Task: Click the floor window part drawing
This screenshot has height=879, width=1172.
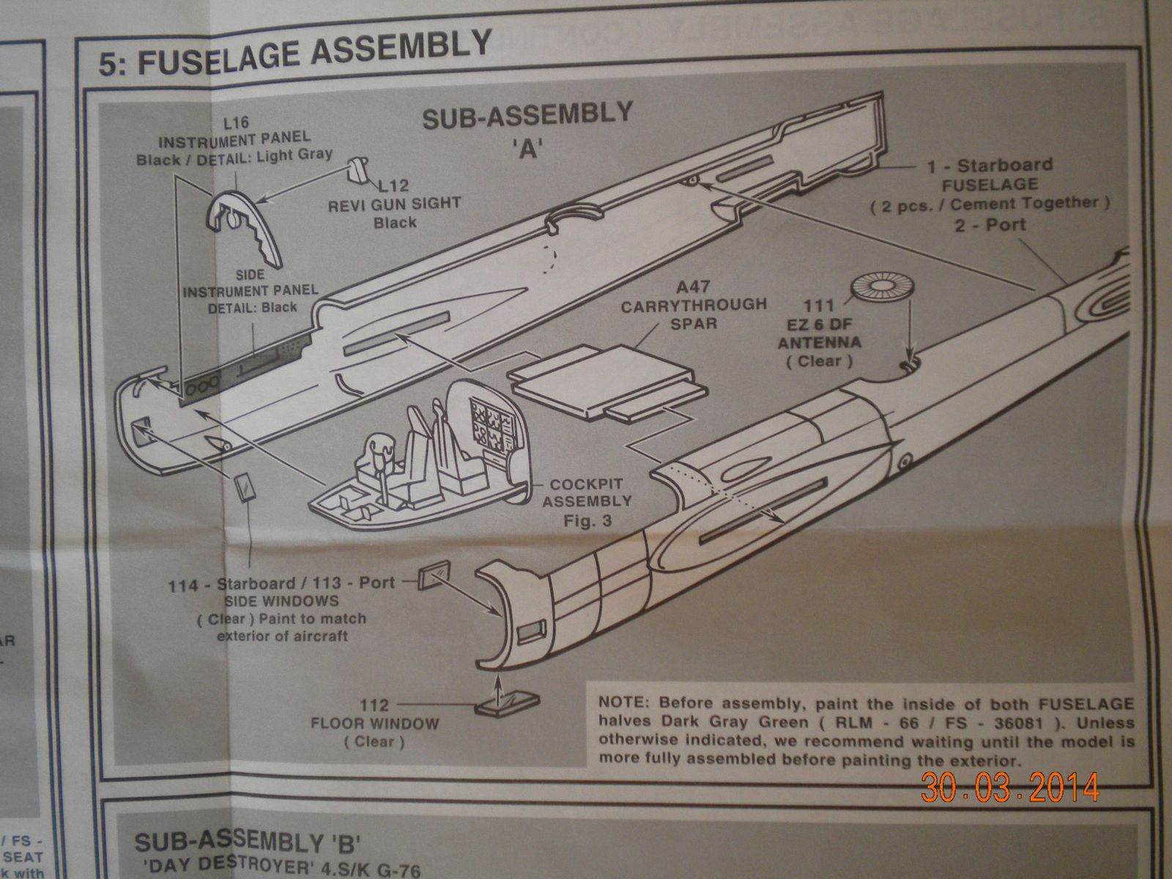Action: [506, 703]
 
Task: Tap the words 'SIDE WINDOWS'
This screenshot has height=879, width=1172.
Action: [272, 601]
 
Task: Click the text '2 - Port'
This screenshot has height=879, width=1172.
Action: [989, 224]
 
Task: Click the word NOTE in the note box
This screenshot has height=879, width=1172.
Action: [623, 705]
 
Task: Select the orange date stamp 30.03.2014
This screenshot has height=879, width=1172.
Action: [1011, 787]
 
